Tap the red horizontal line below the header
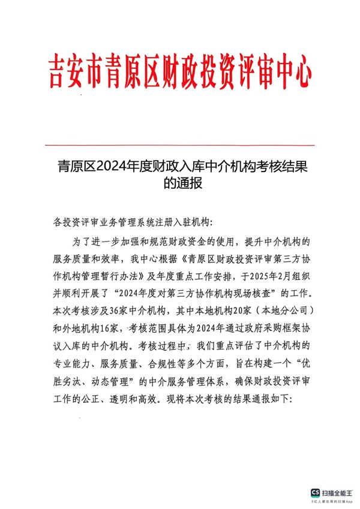pos(180,145)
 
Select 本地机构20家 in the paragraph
pos(203,312)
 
